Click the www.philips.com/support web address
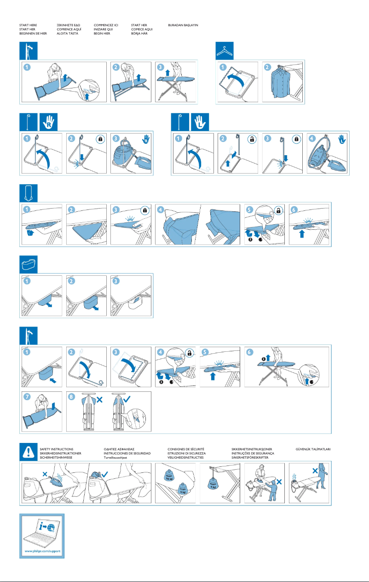(42, 551)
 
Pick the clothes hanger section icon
(225, 51)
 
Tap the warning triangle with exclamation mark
(28, 454)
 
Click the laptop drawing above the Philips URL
(42, 530)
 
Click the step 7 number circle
(28, 396)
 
